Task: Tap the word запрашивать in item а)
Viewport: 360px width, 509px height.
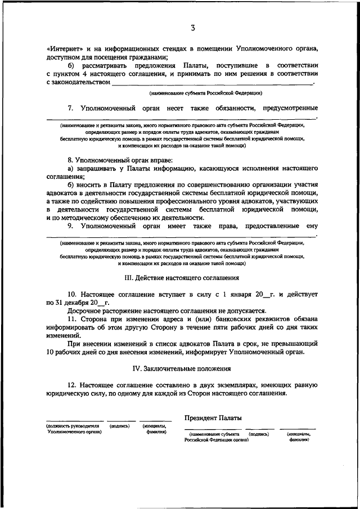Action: tap(97, 168)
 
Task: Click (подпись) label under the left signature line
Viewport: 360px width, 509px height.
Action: tap(120, 426)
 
